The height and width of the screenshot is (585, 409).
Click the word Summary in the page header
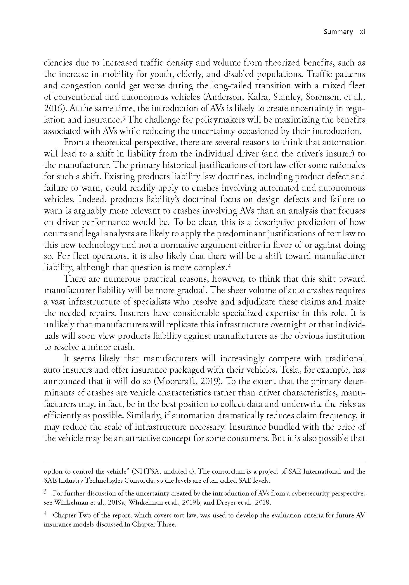(338, 32)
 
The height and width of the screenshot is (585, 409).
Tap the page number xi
(362, 32)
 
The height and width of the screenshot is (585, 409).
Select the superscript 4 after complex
(230, 266)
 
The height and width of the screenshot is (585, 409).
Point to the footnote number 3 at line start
(45, 493)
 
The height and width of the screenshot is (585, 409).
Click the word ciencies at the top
(58, 63)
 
